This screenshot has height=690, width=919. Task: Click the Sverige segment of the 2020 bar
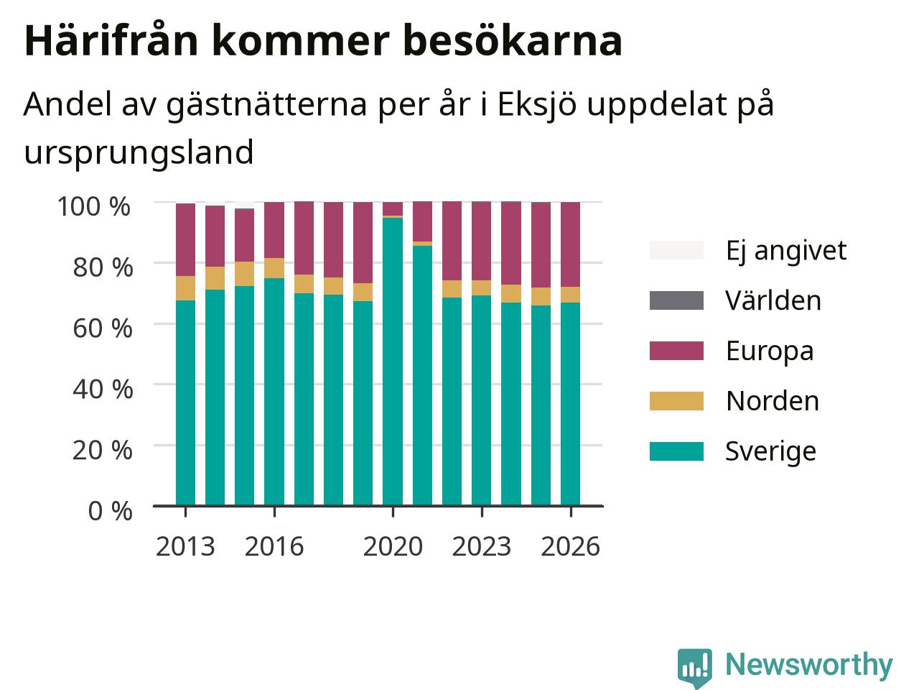click(x=392, y=362)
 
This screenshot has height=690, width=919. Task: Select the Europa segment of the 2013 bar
click(x=185, y=239)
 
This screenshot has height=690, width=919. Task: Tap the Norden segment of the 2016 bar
click(x=274, y=268)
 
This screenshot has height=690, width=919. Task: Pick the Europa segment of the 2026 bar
click(x=570, y=244)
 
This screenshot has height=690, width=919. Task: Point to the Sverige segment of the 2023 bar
click(x=482, y=400)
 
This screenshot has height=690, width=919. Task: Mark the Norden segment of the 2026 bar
click(x=570, y=295)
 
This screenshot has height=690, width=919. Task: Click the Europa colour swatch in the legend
click(x=676, y=351)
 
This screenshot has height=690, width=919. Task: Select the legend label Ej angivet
click(x=786, y=251)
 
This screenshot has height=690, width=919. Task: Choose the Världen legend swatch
click(x=676, y=300)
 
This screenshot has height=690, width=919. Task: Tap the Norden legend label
click(x=773, y=401)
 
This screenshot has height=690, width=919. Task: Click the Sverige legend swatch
click(x=676, y=451)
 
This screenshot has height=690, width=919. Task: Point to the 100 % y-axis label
click(x=94, y=206)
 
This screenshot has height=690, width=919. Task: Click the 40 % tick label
click(x=103, y=389)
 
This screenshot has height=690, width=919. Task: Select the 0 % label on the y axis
click(x=110, y=511)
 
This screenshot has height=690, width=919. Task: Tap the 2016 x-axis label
click(x=274, y=546)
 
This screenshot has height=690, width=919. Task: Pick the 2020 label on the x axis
click(x=393, y=546)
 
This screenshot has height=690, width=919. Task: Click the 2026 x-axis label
click(x=570, y=546)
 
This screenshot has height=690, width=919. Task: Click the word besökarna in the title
click(x=513, y=41)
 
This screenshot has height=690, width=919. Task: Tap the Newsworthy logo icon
click(x=694, y=666)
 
